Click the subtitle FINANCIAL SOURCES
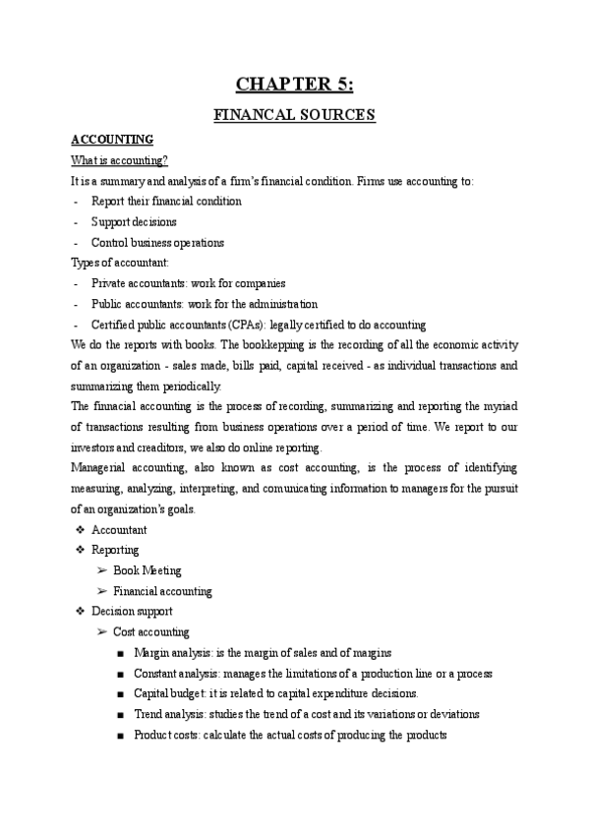[x=295, y=115]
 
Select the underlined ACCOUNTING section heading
[x=112, y=140]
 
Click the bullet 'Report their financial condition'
[x=166, y=201]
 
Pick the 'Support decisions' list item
[x=134, y=221]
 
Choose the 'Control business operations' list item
[x=157, y=242]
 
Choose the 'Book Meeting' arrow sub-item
[x=147, y=570]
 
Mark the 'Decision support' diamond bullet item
[x=132, y=612]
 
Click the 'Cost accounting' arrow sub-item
[x=151, y=632]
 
